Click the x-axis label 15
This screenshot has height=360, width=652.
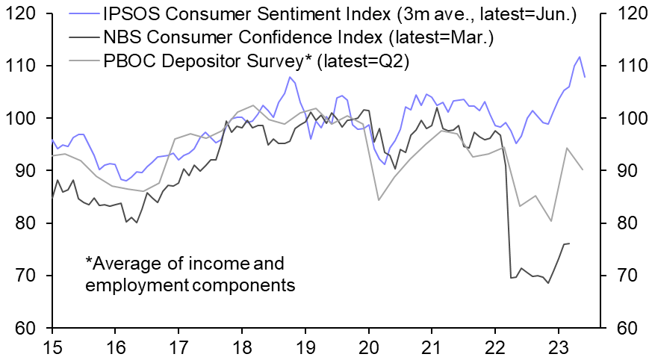(52, 347)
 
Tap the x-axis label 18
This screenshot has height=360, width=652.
(241, 347)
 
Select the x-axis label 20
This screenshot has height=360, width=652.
(367, 347)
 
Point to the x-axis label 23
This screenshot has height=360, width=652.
(556, 347)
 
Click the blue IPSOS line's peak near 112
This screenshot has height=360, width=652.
(580, 57)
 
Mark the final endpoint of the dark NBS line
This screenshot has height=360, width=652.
(568, 243)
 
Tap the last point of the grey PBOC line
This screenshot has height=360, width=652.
(583, 170)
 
